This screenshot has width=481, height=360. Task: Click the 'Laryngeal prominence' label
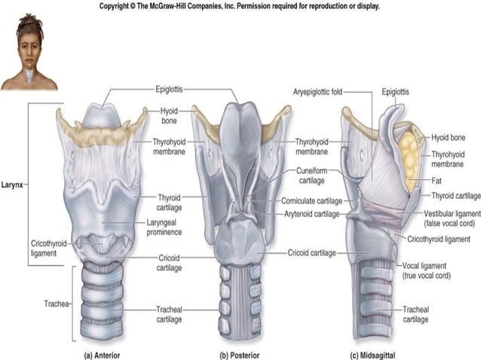tap(176, 228)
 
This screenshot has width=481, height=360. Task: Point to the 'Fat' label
tap(437, 180)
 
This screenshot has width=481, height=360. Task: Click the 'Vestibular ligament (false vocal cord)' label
tap(447, 218)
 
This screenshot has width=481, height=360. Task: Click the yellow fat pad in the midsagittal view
tap(411, 160)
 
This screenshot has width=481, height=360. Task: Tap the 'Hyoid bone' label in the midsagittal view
tap(449, 138)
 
